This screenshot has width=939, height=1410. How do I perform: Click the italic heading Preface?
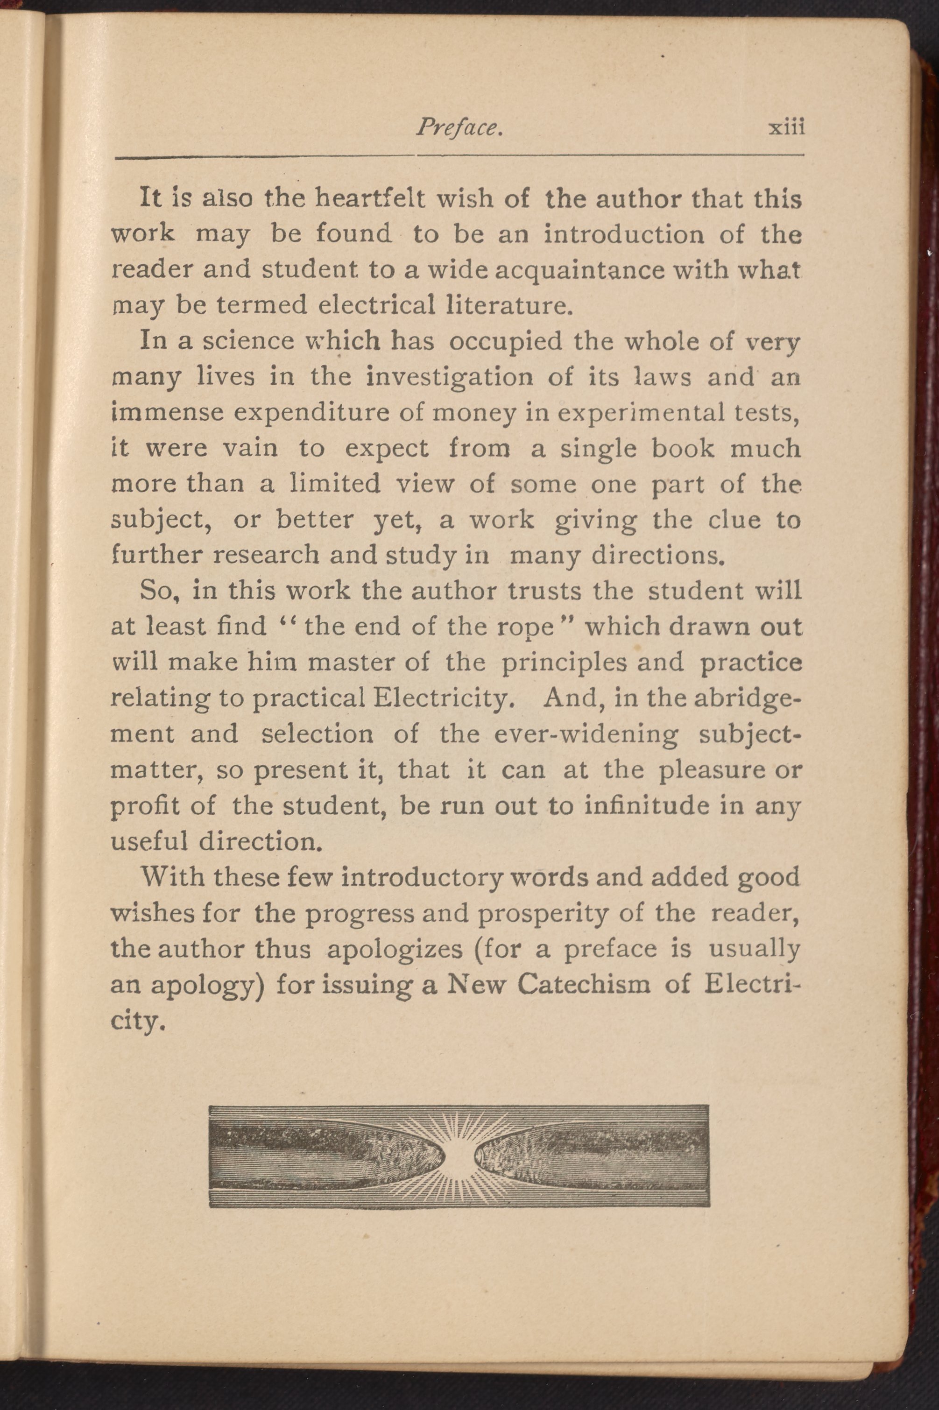[459, 127]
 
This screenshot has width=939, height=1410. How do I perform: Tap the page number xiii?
[786, 127]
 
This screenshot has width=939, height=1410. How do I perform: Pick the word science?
[248, 341]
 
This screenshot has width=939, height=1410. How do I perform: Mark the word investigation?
[449, 378]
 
